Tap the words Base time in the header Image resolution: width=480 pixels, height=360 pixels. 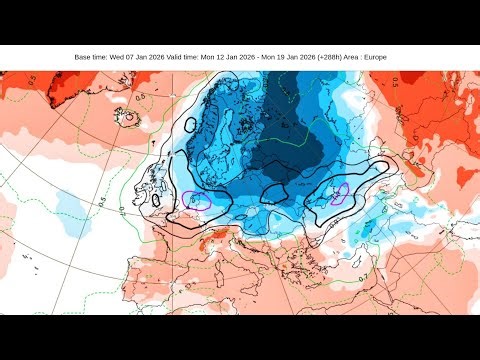point(91,57)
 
